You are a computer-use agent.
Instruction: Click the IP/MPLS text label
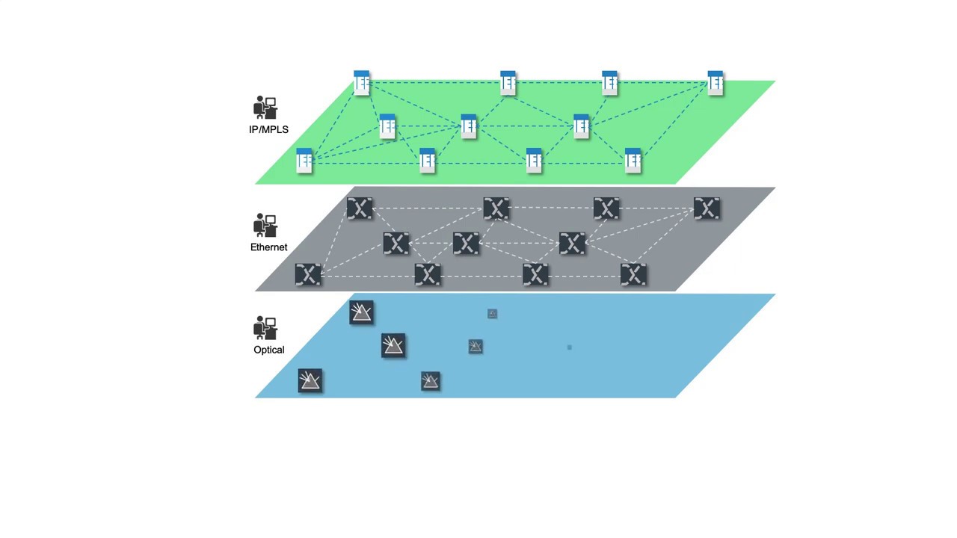(x=268, y=129)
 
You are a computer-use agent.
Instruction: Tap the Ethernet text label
(x=268, y=247)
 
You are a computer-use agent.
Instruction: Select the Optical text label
(x=268, y=350)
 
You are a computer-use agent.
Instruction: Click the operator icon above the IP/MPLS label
(x=265, y=108)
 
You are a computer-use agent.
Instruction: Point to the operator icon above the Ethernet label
(x=265, y=225)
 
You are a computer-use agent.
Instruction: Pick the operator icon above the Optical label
(x=265, y=328)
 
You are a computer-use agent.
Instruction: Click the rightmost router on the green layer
(x=716, y=83)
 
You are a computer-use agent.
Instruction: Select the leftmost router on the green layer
(x=304, y=161)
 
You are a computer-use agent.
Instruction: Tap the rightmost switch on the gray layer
(x=707, y=208)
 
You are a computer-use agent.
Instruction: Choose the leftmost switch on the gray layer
(x=308, y=275)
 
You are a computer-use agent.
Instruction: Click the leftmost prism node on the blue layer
(x=310, y=381)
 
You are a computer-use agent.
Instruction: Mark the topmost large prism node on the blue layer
(x=361, y=312)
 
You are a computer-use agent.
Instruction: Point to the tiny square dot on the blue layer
(x=570, y=347)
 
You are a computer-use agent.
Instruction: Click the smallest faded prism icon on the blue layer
(x=492, y=314)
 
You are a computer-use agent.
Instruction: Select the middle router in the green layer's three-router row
(x=469, y=126)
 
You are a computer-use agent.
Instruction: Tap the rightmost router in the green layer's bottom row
(x=633, y=161)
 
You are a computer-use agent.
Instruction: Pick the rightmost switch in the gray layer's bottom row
(x=633, y=275)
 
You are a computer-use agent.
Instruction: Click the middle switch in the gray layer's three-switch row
(x=466, y=244)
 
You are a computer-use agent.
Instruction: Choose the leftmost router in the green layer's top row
(x=362, y=83)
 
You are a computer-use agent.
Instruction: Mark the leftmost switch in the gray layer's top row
(x=360, y=208)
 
